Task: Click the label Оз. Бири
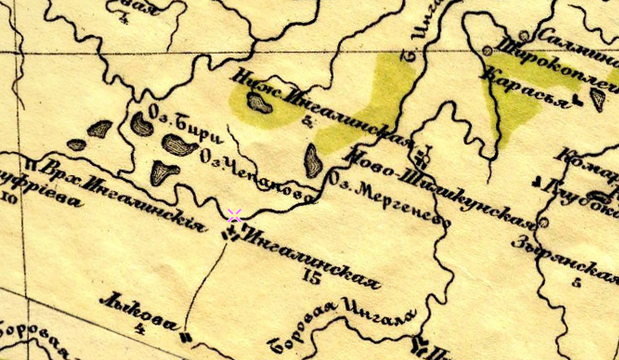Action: click(x=184, y=124)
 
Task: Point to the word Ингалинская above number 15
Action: click(x=314, y=257)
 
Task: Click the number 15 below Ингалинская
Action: click(x=312, y=277)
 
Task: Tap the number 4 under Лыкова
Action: click(x=140, y=329)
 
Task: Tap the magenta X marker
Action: click(x=234, y=215)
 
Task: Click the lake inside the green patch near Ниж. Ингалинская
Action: click(x=259, y=103)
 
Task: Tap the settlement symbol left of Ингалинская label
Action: click(x=231, y=234)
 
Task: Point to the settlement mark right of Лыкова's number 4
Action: click(x=185, y=337)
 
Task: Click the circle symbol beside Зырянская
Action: click(x=543, y=223)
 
